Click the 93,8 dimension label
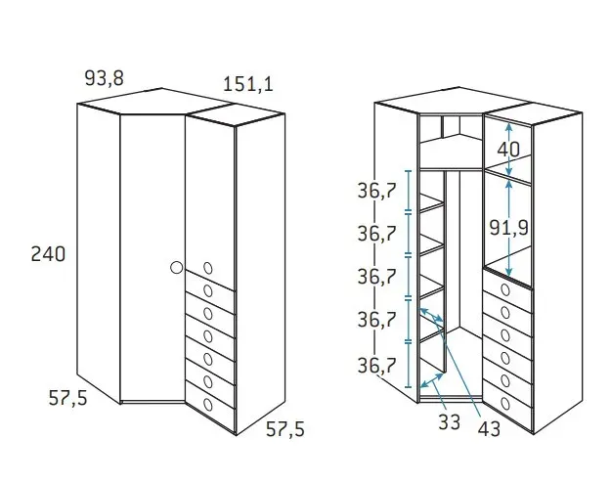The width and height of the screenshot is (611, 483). (104, 78)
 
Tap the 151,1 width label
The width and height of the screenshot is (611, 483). (248, 84)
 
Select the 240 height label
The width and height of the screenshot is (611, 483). (48, 254)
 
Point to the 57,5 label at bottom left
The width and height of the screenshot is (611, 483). (68, 398)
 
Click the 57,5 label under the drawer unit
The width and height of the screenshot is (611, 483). (285, 429)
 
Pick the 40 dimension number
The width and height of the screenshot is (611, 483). (508, 149)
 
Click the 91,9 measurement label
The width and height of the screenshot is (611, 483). (509, 228)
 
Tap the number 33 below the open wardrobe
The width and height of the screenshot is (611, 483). (450, 422)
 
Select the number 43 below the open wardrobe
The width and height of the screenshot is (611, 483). (489, 429)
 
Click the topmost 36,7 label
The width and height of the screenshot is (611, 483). (376, 191)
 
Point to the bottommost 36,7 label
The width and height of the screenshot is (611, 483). (376, 366)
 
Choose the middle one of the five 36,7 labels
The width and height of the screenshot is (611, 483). (376, 277)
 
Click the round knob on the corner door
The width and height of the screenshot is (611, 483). (177, 268)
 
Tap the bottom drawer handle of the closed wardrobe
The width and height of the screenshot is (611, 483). (208, 405)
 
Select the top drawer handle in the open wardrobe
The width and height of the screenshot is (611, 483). (505, 290)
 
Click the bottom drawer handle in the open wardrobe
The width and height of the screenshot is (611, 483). (505, 403)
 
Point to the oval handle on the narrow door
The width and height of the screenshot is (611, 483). (208, 268)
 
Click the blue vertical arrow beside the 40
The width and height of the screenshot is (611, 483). (509, 149)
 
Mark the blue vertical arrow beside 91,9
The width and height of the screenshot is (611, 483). (509, 228)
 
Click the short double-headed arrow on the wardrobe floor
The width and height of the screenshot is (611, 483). (432, 380)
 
